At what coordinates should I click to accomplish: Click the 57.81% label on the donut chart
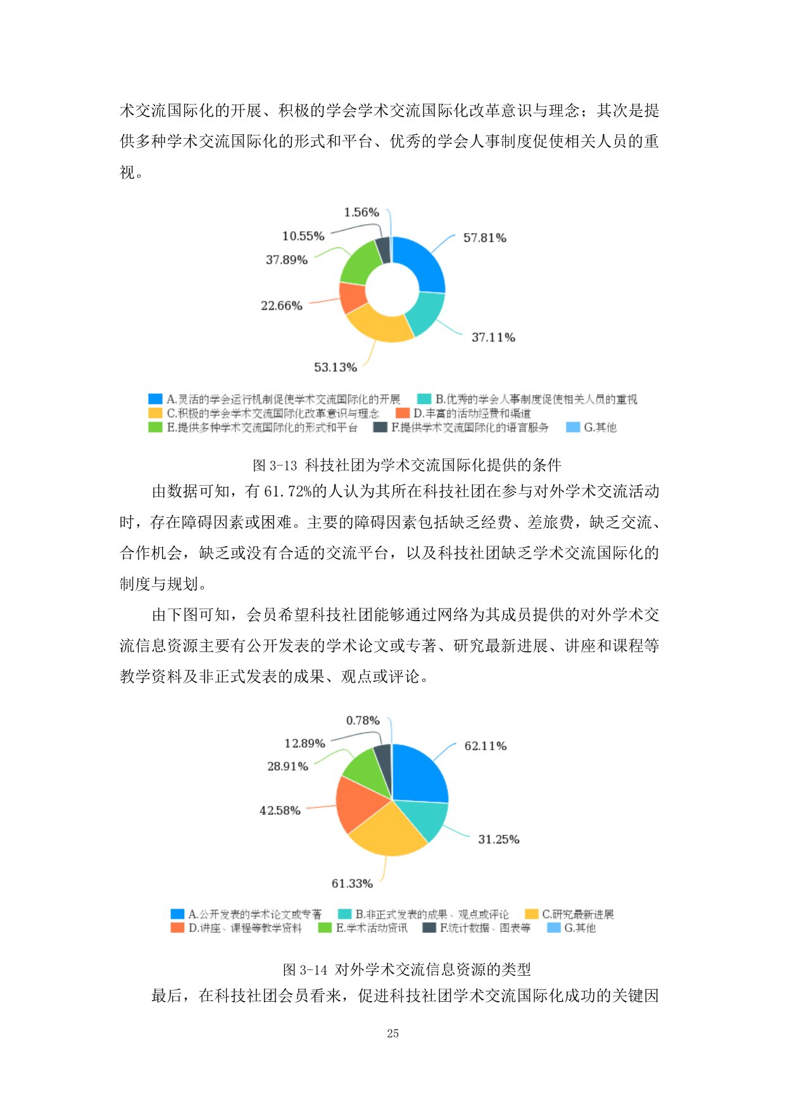(x=484, y=238)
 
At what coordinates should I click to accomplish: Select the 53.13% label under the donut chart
(x=336, y=367)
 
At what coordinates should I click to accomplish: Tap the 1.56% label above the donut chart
(x=361, y=212)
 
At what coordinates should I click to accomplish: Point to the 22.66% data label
(x=282, y=306)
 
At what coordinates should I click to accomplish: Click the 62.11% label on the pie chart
(x=486, y=746)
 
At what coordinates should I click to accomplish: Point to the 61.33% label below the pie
(x=352, y=883)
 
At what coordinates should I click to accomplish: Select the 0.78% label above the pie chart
(x=363, y=721)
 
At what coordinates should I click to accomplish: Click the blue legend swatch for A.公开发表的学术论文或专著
(x=177, y=914)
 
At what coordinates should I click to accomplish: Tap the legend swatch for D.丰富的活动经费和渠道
(x=403, y=413)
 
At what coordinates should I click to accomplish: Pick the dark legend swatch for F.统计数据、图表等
(x=429, y=928)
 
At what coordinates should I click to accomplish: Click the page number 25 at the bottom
(x=392, y=1033)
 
